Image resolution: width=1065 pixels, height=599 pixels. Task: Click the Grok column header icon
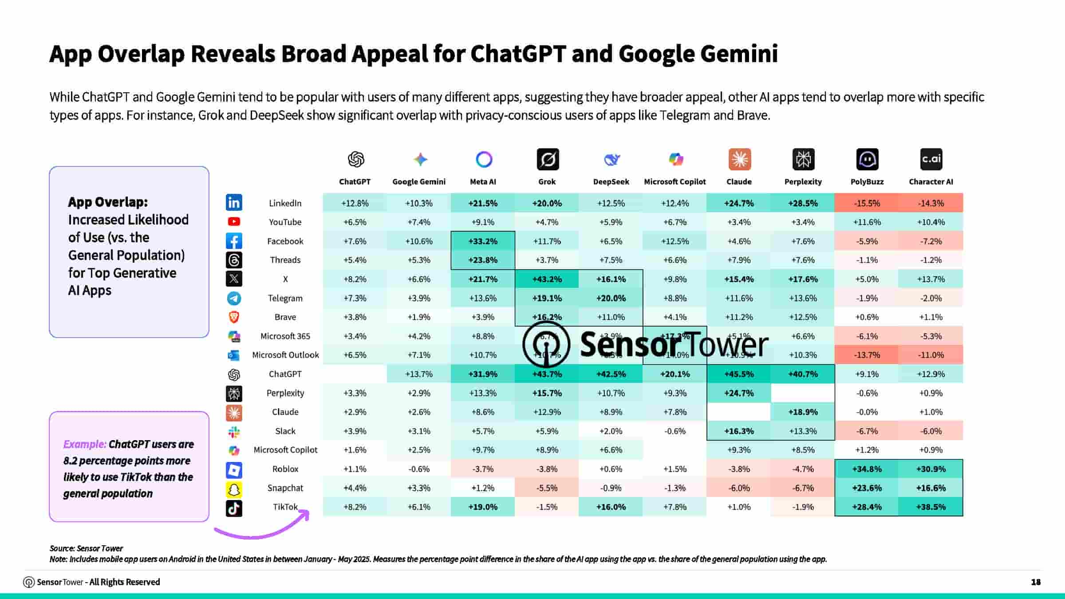tap(548, 159)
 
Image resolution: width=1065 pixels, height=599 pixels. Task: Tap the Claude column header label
tap(739, 182)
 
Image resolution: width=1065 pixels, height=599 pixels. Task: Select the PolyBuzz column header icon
tap(867, 159)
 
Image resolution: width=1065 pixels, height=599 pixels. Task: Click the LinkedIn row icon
tap(234, 203)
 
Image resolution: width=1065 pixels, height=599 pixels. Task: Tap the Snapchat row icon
tap(234, 489)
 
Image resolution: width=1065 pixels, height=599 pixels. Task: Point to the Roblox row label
tap(285, 469)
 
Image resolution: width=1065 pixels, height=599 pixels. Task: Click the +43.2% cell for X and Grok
tap(547, 279)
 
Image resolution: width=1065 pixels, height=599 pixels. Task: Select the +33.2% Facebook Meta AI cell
tap(483, 241)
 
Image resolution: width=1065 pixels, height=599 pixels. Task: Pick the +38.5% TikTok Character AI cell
tap(931, 507)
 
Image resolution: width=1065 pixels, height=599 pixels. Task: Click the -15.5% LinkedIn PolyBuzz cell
tap(867, 203)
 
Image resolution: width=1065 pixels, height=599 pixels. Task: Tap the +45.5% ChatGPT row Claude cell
tap(739, 374)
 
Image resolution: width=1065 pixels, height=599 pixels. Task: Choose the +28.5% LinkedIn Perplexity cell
tap(803, 203)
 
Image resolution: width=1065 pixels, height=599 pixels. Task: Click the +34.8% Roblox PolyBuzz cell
tap(867, 469)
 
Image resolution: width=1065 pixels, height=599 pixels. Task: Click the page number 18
tap(1036, 582)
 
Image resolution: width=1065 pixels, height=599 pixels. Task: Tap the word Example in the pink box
tap(84, 444)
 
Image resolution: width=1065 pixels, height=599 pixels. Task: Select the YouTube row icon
tap(234, 221)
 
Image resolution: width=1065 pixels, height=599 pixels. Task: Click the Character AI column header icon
tap(931, 159)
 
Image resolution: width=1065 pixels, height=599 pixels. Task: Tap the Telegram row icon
tap(234, 298)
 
